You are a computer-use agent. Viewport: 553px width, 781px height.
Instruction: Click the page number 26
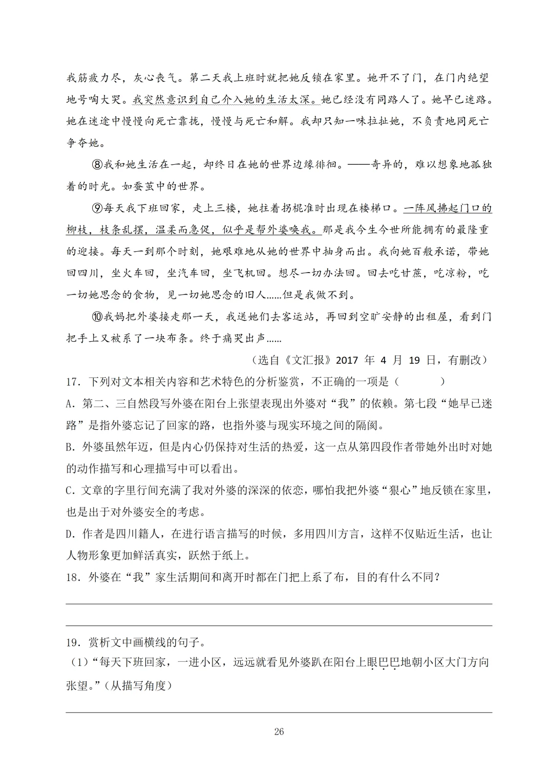[x=279, y=731]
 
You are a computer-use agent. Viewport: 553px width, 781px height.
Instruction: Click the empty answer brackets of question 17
[x=419, y=382]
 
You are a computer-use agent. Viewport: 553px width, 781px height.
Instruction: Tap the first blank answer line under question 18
[x=279, y=604]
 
